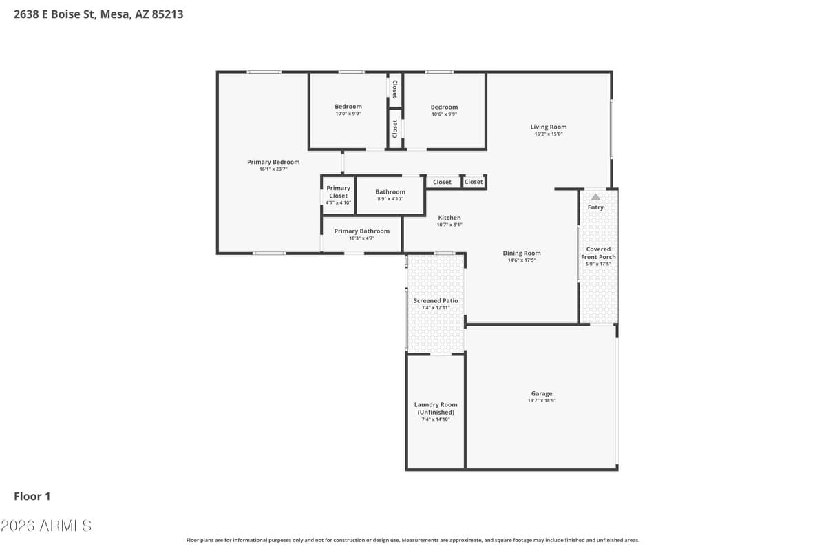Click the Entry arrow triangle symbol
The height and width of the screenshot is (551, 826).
[x=595, y=197]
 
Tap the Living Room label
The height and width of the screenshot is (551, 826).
[x=549, y=127]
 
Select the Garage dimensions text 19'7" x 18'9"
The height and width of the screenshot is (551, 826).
[x=542, y=400]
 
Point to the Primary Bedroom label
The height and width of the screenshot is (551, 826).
[x=273, y=162]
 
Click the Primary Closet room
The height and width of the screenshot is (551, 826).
[x=338, y=195]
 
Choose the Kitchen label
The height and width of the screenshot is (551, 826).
[x=449, y=218]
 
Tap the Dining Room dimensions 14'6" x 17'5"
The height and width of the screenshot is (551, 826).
[x=522, y=260]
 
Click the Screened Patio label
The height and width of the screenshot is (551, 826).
[x=436, y=301]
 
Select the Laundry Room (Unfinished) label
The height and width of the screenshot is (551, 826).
[x=436, y=408]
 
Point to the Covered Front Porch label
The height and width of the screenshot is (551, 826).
[x=598, y=253]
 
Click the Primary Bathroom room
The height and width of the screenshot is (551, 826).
[x=362, y=234]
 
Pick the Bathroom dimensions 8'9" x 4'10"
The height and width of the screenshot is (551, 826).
[x=390, y=199]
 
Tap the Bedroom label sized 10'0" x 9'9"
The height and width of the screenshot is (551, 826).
[x=348, y=107]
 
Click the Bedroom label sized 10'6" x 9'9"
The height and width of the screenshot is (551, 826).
[x=445, y=107]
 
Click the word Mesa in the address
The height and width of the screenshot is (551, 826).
[x=115, y=14]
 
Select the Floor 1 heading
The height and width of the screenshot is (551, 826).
[x=32, y=497]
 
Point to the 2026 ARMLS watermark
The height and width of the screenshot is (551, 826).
[x=46, y=526]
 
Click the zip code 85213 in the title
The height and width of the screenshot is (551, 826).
[x=167, y=14]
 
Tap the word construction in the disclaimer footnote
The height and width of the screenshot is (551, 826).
[x=348, y=540]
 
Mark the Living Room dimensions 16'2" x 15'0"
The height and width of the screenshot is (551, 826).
[x=549, y=134]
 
